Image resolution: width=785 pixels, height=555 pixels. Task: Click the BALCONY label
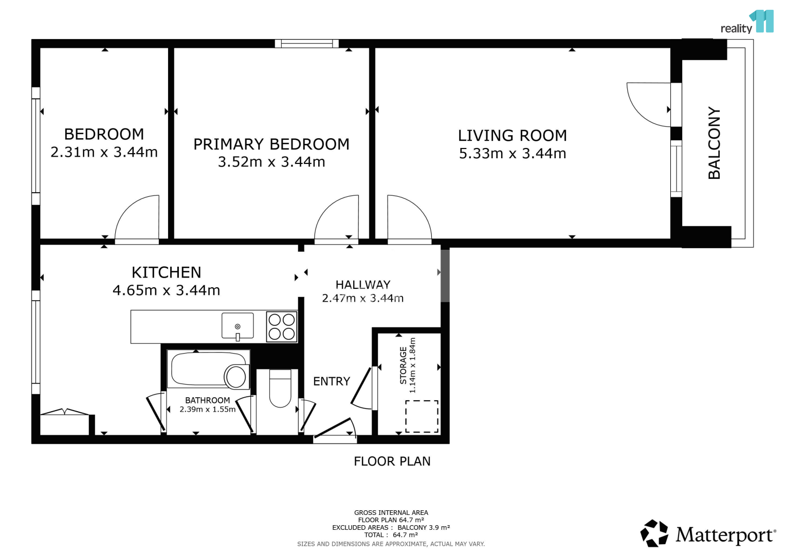coord(714,143)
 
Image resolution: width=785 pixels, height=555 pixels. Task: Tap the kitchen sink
coord(238,326)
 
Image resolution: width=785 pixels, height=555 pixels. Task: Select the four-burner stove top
coord(281,327)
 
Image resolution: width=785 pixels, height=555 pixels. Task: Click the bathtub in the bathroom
coord(209,369)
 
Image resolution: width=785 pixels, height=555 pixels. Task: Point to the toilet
coord(280,388)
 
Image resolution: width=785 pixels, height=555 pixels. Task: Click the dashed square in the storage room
coord(422,417)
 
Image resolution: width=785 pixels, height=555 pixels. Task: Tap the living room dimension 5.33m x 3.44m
coord(513,154)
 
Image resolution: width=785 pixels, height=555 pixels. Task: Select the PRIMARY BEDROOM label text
coord(271,144)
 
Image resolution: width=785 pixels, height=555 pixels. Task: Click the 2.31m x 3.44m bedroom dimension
coord(104,152)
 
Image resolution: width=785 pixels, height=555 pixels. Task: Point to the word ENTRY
coord(332,381)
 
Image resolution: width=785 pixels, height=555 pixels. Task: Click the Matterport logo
coord(707,534)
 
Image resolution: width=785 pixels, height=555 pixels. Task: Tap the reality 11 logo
coord(747,22)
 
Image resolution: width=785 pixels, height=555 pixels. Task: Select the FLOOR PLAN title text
coord(392,461)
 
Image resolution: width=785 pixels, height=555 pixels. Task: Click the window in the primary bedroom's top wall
coord(306,44)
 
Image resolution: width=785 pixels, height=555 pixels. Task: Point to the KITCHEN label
coord(167,272)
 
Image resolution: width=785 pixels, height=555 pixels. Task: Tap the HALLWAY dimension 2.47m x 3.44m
coord(363,298)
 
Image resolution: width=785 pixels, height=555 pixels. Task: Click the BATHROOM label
coord(208,400)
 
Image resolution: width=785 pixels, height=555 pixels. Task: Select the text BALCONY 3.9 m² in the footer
coord(424,527)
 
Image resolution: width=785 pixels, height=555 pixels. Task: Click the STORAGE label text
coord(403,365)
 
